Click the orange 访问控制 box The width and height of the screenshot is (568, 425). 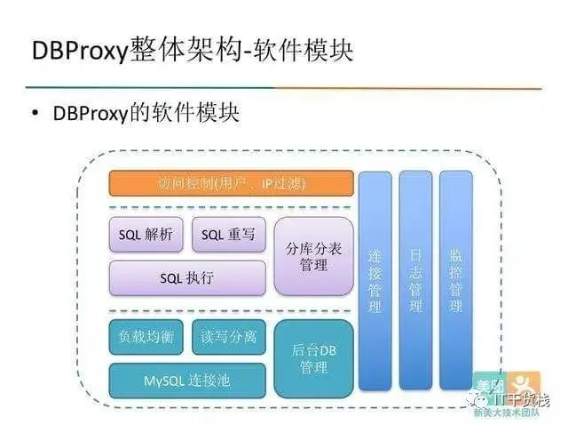(231, 184)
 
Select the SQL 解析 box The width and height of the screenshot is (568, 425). (146, 235)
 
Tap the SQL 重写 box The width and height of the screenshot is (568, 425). (228, 235)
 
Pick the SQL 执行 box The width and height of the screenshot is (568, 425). (187, 277)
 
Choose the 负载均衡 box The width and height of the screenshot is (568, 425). (146, 337)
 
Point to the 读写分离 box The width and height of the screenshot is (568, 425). (228, 337)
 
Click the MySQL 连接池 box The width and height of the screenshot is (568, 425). (187, 380)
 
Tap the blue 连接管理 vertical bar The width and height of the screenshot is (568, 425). (375, 281)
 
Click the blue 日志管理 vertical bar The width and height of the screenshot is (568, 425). (415, 281)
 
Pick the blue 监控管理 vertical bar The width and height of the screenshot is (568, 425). (456, 281)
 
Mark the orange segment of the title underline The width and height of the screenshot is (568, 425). (408, 88)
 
